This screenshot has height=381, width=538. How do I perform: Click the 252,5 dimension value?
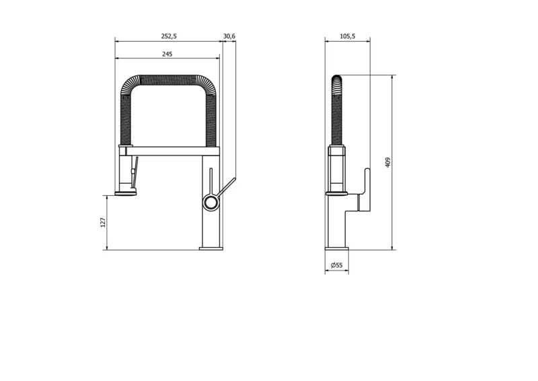tap(169, 36)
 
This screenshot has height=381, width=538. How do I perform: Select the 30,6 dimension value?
tap(229, 36)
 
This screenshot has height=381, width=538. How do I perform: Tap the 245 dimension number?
tap(167, 54)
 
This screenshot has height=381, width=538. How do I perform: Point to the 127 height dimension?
tap(103, 222)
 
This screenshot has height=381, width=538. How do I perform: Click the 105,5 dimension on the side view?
tap(348, 36)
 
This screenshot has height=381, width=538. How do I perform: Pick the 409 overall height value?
tap(388, 162)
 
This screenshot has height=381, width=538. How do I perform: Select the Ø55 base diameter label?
tap(337, 265)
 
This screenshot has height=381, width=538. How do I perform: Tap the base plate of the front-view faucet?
tap(211, 248)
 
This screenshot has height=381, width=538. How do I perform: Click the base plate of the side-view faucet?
tap(337, 248)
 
